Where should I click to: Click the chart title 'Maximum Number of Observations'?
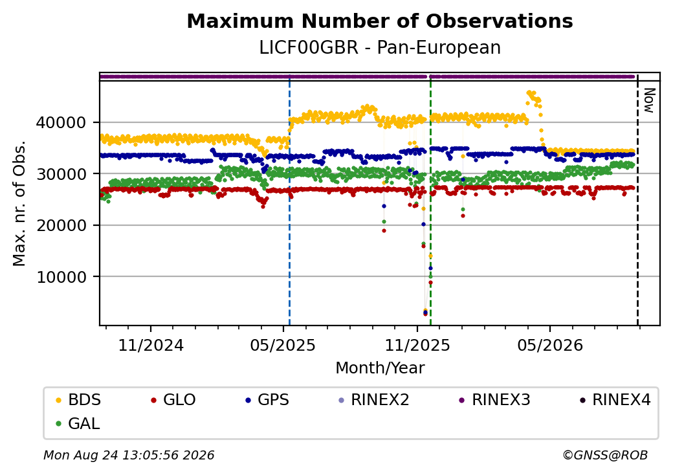[380, 21]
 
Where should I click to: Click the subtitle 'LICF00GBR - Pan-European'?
[380, 47]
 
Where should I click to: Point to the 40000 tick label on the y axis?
[61, 123]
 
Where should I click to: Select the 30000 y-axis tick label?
[61, 174]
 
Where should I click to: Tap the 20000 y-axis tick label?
[61, 225]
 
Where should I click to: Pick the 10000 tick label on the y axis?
[61, 277]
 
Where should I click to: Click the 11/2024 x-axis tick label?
[151, 346]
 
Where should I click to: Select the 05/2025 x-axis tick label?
[283, 346]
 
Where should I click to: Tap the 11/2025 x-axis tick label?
[417, 346]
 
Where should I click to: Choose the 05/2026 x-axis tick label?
[550, 346]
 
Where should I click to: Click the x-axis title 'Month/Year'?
[380, 368]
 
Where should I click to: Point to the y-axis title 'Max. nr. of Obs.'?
[19, 203]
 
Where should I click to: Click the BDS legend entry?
[78, 400]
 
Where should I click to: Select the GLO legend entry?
[173, 400]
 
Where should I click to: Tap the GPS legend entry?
[267, 400]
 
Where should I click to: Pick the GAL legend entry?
[78, 423]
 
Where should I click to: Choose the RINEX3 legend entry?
[494, 400]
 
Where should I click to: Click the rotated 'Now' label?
[650, 100]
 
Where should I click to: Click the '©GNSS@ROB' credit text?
[605, 455]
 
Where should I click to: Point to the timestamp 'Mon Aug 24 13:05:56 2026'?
[129, 455]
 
